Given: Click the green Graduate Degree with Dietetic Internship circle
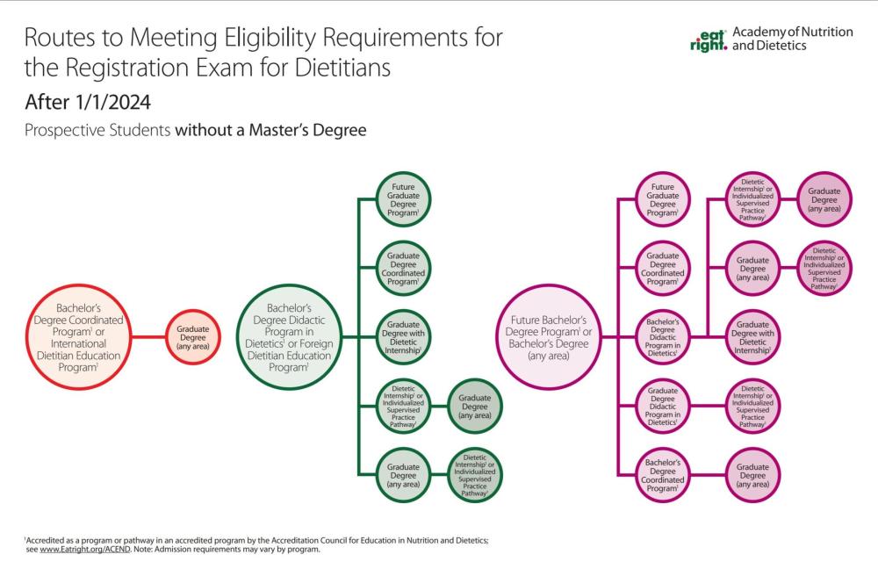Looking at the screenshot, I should coord(403,336).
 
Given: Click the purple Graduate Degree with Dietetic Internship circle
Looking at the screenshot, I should coord(752,337).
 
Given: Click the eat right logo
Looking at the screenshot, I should coord(709,40).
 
